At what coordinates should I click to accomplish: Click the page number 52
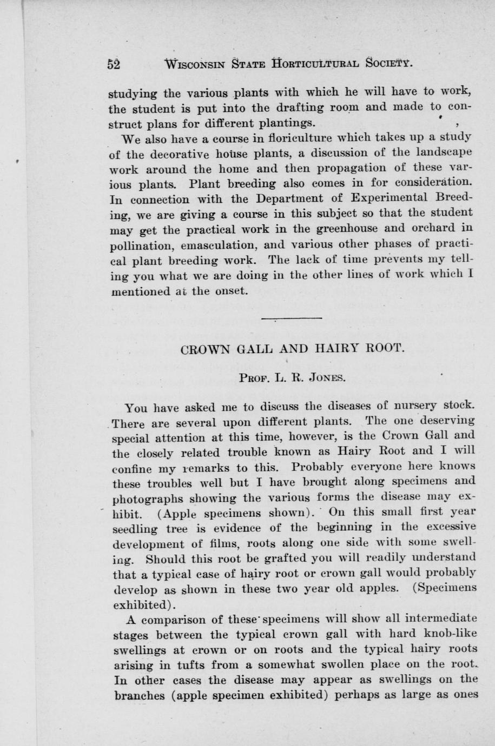click(x=114, y=64)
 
